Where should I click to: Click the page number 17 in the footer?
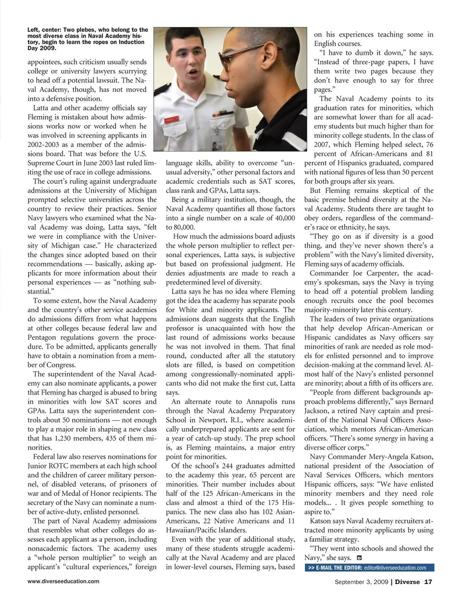point(428,582)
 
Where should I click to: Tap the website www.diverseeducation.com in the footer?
point(63,581)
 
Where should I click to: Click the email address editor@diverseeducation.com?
point(395,568)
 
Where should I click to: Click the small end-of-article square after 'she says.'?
point(359,558)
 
